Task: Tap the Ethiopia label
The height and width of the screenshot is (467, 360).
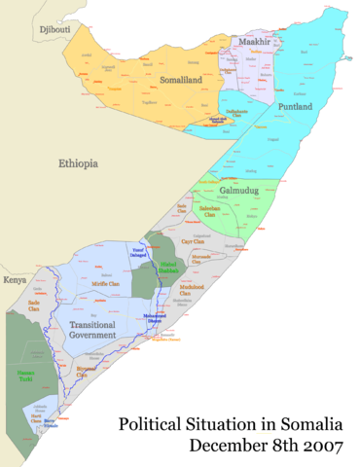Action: click(78, 163)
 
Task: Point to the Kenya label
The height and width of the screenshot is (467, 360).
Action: click(15, 280)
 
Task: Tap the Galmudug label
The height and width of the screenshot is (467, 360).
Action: click(239, 192)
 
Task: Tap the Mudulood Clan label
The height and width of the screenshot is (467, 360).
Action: click(192, 289)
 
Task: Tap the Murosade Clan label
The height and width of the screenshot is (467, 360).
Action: click(202, 260)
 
